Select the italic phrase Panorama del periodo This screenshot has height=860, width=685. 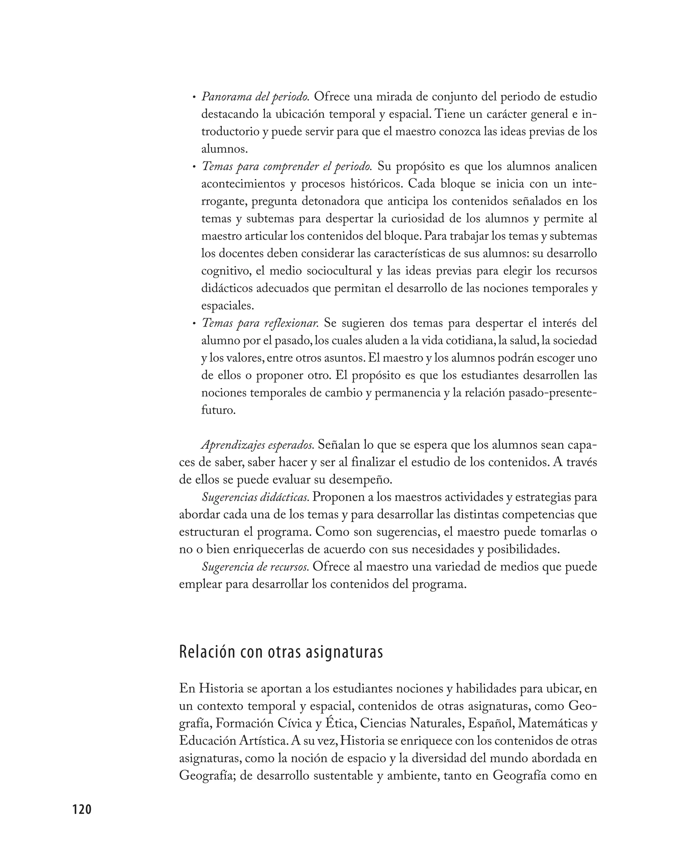pos(256,97)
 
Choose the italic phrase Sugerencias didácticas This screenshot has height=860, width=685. pos(255,497)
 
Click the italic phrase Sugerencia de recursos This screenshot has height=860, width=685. pos(255,567)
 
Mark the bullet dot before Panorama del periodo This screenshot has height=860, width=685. pos(194,97)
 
